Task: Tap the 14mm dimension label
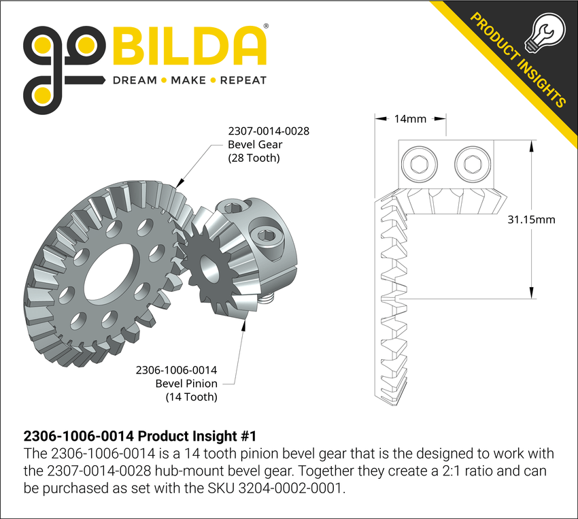pyautogui.click(x=410, y=119)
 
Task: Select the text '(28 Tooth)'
pyautogui.click(x=254, y=158)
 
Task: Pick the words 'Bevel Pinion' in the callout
pyautogui.click(x=186, y=384)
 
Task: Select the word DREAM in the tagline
pyautogui.click(x=134, y=80)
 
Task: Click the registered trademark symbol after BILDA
pyautogui.click(x=265, y=27)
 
